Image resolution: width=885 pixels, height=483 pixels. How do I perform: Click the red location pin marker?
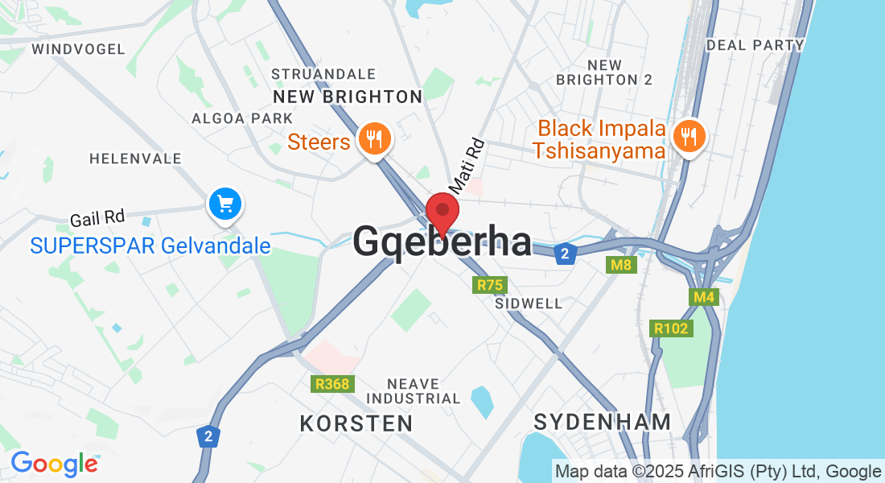click(x=442, y=213)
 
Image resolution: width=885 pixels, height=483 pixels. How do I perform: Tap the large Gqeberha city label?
click(x=442, y=242)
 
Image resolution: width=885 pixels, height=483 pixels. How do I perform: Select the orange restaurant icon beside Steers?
click(x=373, y=139)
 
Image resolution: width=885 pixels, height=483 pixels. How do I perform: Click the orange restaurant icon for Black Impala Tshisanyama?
click(x=688, y=137)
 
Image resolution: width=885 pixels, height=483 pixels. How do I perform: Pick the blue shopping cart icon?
click(x=225, y=204)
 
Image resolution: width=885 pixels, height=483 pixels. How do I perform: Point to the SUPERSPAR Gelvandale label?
click(x=150, y=246)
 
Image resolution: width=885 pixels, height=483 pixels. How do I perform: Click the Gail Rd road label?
click(x=97, y=217)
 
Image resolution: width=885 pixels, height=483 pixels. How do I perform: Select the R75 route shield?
click(x=489, y=285)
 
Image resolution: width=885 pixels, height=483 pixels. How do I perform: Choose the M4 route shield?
click(x=704, y=298)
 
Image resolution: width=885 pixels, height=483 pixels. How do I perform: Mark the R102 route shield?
click(x=671, y=328)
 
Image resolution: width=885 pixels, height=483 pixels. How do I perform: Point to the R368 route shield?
click(x=332, y=384)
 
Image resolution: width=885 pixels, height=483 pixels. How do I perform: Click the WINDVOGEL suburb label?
click(x=78, y=49)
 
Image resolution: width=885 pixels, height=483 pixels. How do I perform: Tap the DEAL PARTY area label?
click(x=755, y=45)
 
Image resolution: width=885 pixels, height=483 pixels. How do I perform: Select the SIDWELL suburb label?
click(x=529, y=304)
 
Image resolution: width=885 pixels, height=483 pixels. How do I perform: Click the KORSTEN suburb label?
click(x=356, y=423)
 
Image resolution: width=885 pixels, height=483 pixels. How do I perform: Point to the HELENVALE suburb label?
click(x=135, y=159)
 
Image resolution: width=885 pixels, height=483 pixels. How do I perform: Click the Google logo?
click(x=54, y=464)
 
